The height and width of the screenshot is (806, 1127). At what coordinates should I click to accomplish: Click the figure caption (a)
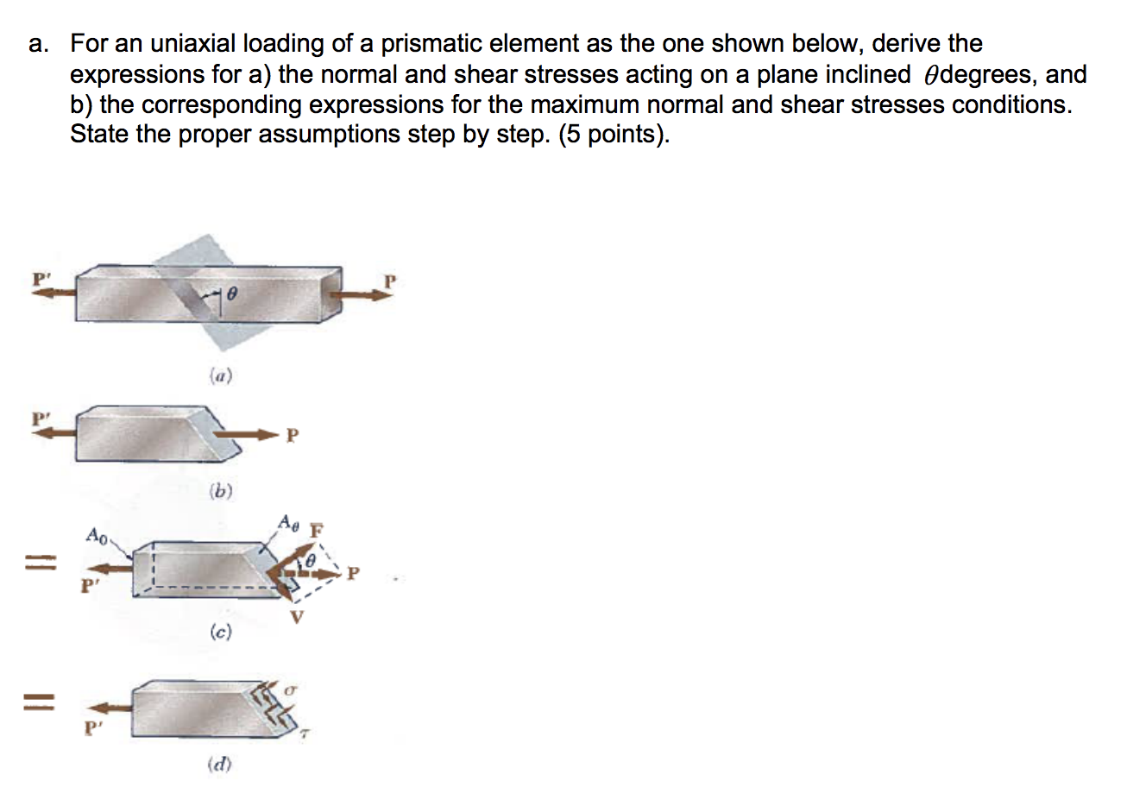click(221, 375)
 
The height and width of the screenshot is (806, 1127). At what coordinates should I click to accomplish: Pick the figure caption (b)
click(221, 492)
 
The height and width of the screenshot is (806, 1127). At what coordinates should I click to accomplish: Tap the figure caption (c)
click(221, 633)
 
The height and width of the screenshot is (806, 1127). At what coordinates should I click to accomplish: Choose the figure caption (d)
click(220, 764)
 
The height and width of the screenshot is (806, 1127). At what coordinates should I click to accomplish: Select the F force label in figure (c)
click(317, 529)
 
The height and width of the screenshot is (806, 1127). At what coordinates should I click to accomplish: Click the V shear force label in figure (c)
click(297, 617)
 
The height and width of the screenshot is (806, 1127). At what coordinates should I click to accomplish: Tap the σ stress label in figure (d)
click(291, 691)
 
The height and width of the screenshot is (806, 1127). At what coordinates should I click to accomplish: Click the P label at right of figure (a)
click(390, 280)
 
